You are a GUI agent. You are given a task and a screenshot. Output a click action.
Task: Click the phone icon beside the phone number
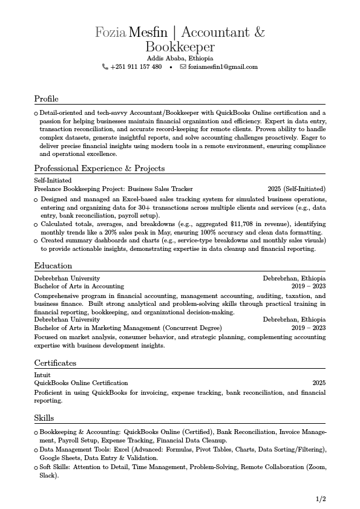pos(105,66)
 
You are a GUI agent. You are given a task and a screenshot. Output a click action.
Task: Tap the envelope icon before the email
pos(183,66)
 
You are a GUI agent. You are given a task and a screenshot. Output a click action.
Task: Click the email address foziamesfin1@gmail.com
pos(223,66)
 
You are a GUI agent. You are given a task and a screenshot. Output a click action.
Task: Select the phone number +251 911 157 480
pos(136,66)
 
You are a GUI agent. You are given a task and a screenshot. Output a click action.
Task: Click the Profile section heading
pos(46,99)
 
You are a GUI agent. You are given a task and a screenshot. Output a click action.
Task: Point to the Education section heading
pos(53,265)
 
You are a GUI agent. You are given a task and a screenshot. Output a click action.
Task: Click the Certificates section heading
pos(55,363)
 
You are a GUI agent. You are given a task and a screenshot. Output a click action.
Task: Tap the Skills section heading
pos(44,418)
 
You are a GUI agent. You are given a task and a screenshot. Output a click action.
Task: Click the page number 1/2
pos(321,499)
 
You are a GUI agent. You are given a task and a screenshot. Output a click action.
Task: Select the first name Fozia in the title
pos(110,32)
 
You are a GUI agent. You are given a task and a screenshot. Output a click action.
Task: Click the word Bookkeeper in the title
pos(180,47)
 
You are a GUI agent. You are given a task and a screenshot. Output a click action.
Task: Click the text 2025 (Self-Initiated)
pos(296,189)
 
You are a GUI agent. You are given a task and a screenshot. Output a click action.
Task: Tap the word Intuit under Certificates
pos(42,375)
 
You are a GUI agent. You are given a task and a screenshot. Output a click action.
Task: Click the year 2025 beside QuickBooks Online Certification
pos(319,383)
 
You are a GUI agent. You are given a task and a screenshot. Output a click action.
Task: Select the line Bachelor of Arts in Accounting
pos(79,286)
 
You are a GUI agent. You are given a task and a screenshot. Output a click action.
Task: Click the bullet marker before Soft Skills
pos(36,468)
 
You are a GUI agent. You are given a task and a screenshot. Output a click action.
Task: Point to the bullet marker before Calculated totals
pos(36,224)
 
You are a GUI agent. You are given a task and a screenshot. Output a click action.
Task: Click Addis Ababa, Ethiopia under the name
pos(180,58)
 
